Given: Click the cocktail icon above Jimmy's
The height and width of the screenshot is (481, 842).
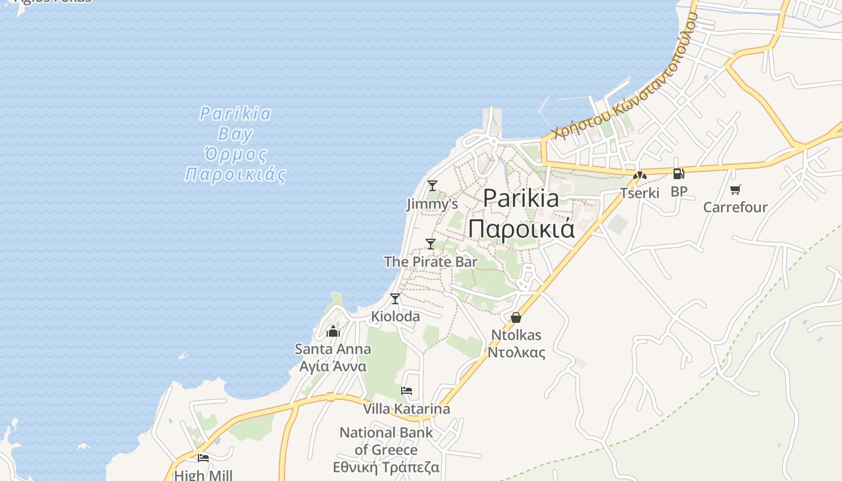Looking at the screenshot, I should point(432,186).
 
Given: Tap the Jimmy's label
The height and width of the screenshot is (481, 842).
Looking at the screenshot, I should point(432,204).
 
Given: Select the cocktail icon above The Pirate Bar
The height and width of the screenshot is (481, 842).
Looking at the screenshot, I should point(431,244).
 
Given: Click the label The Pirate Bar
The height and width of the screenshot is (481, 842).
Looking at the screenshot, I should point(431,262).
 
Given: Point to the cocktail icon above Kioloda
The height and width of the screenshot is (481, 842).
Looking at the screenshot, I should point(395,299).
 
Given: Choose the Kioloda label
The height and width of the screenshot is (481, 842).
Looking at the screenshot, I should point(396,316).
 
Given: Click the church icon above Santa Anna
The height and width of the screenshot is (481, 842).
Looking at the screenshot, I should point(333,331).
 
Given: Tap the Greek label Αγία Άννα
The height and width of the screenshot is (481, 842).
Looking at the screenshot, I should point(333,367).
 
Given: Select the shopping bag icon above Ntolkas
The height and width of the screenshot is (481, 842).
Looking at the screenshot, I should point(516,317).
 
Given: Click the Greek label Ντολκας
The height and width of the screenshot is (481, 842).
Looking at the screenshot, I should point(516,352).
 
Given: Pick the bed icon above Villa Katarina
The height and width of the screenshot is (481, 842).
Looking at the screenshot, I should point(407,391).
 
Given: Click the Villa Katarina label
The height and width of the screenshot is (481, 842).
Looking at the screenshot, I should point(406,409).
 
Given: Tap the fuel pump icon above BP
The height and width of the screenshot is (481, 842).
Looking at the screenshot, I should point(678,174).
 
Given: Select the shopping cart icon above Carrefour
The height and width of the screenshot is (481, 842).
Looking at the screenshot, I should point(735,190).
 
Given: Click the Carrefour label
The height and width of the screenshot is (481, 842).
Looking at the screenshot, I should point(735,207).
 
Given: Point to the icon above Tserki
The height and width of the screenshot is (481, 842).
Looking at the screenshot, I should point(640,176).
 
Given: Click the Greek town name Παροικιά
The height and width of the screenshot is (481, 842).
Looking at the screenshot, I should point(521,229).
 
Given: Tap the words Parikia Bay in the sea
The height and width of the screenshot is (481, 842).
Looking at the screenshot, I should point(235,123).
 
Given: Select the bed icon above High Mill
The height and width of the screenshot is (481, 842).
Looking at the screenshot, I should point(203,458).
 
